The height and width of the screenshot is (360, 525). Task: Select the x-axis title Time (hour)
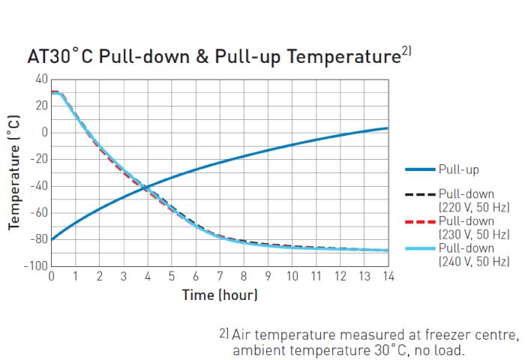(220, 295)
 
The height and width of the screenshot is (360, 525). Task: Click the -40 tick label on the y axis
(37, 186)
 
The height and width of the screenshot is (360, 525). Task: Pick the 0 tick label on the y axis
(44, 133)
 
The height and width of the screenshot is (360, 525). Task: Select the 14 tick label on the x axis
(388, 276)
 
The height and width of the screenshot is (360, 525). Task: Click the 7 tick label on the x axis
(220, 276)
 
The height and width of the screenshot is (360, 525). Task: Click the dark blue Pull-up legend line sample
(420, 170)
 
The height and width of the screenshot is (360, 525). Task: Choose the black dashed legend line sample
(420, 194)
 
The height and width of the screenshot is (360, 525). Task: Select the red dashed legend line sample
(420, 221)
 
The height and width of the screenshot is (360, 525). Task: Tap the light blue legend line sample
(420, 248)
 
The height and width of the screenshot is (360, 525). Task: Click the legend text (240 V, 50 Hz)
(474, 262)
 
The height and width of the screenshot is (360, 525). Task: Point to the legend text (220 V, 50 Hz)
(474, 208)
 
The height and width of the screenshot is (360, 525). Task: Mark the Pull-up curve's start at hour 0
(52, 239)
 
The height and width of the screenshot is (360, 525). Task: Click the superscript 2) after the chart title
(406, 52)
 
